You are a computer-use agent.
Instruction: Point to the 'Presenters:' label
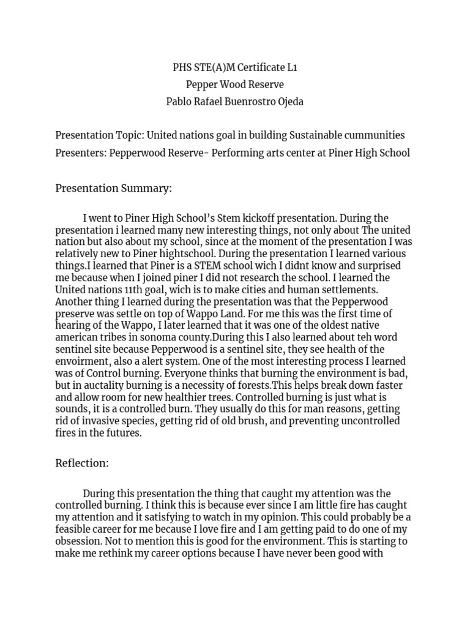[x=81, y=152]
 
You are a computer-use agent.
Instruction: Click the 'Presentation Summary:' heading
[x=114, y=188]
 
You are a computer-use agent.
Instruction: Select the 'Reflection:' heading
[x=82, y=463]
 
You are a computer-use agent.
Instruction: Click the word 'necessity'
[x=209, y=385]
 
